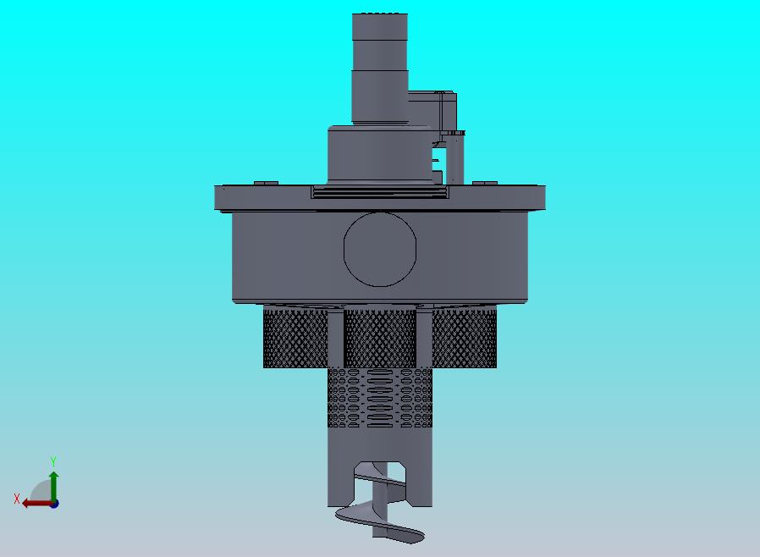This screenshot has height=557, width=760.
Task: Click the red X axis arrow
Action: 38,504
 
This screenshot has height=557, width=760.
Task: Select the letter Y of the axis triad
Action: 53,461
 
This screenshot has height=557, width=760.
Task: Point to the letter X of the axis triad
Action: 17,499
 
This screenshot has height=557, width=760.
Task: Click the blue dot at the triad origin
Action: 54,505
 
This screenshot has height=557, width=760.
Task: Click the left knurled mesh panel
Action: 295,338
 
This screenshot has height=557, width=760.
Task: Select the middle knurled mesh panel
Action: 380,338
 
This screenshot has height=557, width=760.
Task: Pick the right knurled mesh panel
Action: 464,338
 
